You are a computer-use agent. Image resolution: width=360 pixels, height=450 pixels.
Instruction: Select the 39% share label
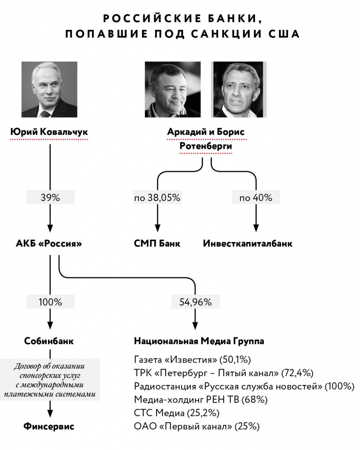tap(50, 198)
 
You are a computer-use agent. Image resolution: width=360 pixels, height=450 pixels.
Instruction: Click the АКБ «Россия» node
tap(49, 243)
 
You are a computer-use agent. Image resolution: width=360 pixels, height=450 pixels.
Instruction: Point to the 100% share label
tap(50, 302)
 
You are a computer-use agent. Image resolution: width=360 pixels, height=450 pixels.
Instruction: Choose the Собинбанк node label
tap(49, 341)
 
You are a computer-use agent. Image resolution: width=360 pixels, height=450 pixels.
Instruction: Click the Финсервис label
tap(49, 426)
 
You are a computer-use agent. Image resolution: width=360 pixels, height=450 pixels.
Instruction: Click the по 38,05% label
tap(157, 198)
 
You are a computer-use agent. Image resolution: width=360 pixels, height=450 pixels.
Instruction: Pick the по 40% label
tap(256, 198)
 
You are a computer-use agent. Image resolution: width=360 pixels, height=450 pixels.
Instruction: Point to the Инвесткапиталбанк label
tap(248, 243)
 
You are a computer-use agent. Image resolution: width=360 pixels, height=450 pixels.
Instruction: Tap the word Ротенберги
tap(206, 146)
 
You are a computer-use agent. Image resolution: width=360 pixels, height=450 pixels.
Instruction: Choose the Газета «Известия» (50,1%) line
tap(192, 360)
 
